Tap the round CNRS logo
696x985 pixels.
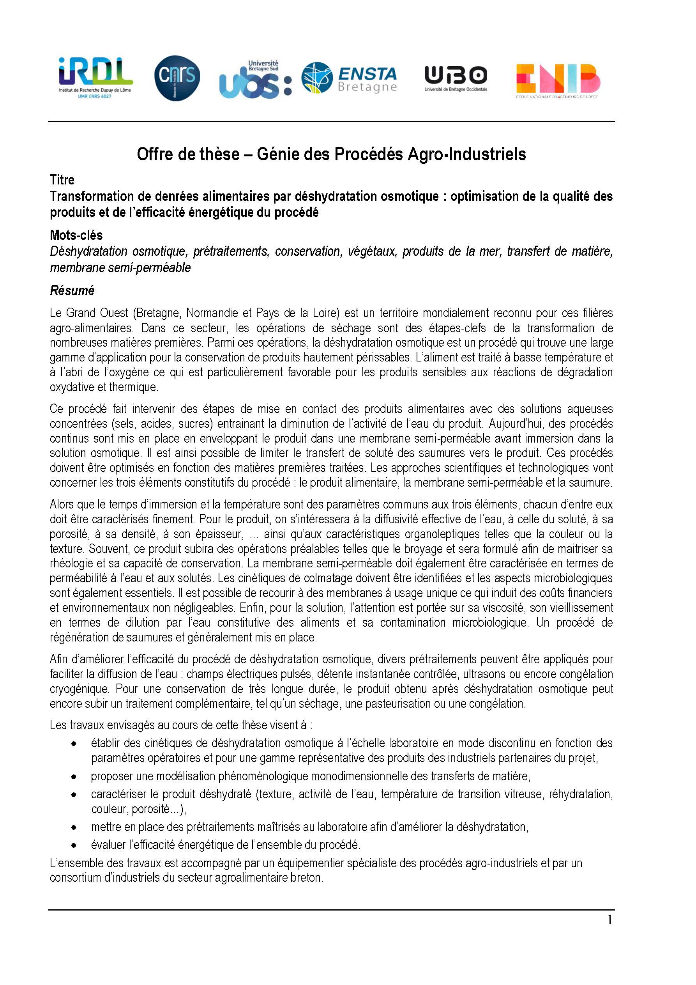[177, 78]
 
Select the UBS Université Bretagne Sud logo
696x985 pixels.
[255, 80]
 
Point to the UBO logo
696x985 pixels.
[456, 78]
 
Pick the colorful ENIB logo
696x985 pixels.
[558, 80]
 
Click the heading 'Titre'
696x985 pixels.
[62, 179]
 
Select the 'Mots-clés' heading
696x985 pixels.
[76, 235]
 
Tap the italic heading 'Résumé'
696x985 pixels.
[72, 291]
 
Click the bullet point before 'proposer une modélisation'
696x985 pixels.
[74, 776]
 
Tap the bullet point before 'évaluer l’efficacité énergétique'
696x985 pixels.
[74, 845]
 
